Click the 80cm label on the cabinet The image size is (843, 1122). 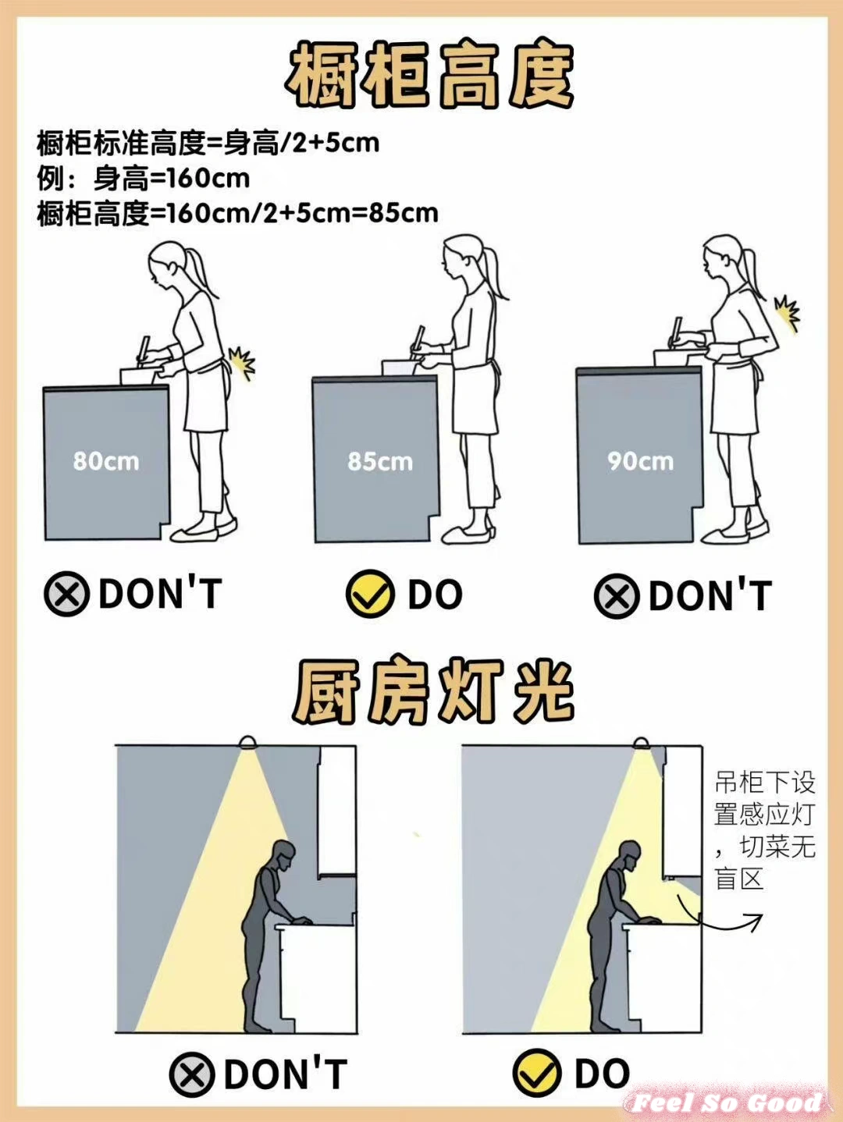click(x=106, y=461)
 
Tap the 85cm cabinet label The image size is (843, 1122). click(x=380, y=462)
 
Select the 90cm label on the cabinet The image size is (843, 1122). click(x=641, y=461)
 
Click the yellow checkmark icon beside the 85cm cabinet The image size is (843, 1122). click(x=370, y=594)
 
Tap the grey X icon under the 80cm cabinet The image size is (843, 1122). click(x=67, y=594)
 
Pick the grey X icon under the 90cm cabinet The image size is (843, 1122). click(x=617, y=595)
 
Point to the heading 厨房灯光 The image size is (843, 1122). click(x=432, y=692)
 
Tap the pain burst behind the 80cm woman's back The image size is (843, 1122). click(x=241, y=362)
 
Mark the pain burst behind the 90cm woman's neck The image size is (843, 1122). click(x=787, y=314)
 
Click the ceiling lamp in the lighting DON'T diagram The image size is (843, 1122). click(x=247, y=742)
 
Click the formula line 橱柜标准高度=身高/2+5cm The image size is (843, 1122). click(x=208, y=144)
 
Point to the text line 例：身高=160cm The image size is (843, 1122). click(x=143, y=179)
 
